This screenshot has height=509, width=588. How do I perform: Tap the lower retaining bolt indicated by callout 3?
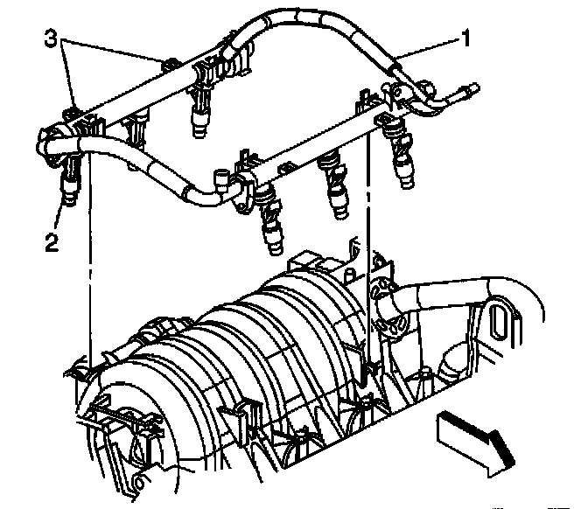[72, 112]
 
